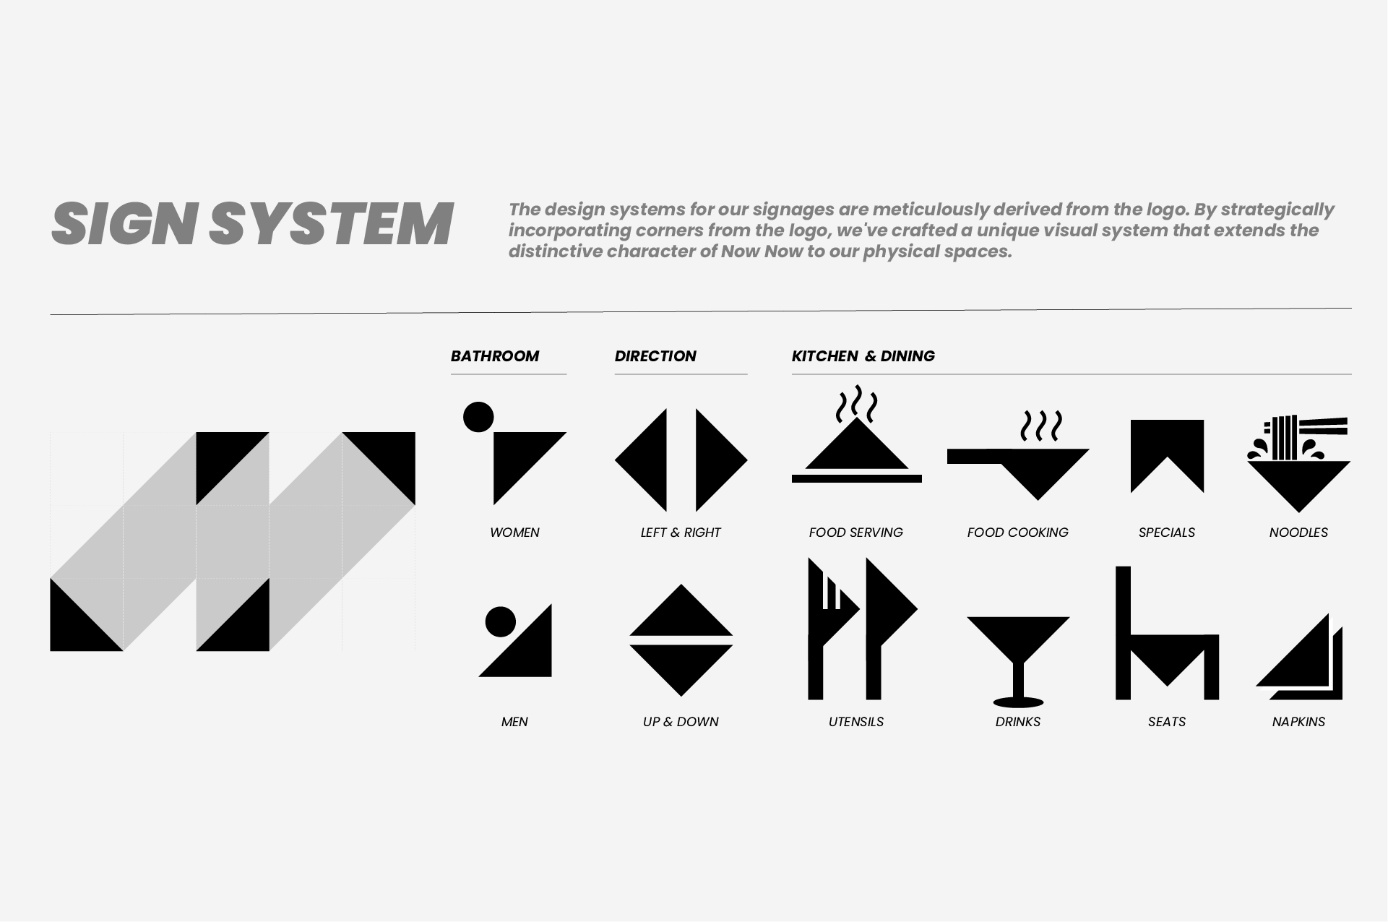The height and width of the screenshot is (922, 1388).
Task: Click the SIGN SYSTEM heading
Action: [252, 224]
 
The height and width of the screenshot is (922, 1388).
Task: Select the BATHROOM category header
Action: [495, 356]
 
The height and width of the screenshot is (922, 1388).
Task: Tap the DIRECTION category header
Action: [655, 356]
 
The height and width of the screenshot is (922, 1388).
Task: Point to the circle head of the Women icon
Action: [478, 417]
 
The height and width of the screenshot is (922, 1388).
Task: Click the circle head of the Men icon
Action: [501, 621]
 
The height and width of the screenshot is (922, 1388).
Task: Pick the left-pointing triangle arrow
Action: [649, 460]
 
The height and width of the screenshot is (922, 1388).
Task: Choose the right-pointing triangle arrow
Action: [714, 460]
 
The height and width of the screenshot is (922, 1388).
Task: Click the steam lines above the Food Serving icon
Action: [857, 403]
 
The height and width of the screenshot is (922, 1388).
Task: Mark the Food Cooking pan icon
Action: [1018, 470]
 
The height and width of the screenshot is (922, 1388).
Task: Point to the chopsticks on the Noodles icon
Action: [1324, 426]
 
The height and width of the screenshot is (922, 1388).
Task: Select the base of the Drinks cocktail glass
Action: [1019, 702]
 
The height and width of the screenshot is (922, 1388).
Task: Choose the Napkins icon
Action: [1300, 657]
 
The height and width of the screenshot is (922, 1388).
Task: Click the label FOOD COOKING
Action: [1018, 533]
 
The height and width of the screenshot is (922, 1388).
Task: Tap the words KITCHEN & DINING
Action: [863, 356]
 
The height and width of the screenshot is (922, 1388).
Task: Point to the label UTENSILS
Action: [856, 722]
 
